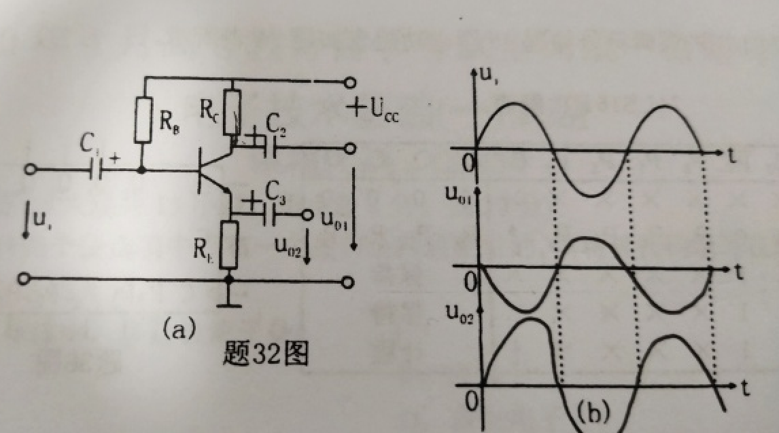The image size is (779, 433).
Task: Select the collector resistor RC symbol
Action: point(232,111)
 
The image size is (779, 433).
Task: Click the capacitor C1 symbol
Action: point(94,169)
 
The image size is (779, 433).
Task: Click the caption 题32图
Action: point(266,354)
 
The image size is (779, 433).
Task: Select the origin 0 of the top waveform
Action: point(468,163)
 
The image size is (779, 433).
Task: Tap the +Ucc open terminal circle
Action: point(349,83)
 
